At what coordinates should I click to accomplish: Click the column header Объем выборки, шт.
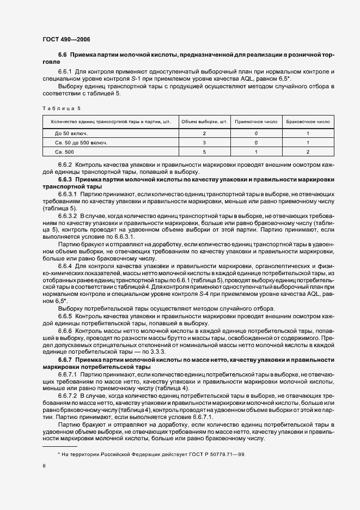click(204, 122)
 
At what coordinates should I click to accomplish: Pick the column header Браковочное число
click(308, 122)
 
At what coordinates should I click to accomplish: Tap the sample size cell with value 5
click(204, 153)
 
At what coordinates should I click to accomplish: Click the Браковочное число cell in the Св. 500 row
click(308, 153)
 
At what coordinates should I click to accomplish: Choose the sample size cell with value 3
click(204, 143)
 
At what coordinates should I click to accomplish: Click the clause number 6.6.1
click(65, 72)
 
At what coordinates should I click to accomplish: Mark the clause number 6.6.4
click(65, 266)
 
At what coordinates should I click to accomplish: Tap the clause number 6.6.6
click(65, 331)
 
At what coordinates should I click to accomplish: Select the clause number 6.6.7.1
click(69, 376)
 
